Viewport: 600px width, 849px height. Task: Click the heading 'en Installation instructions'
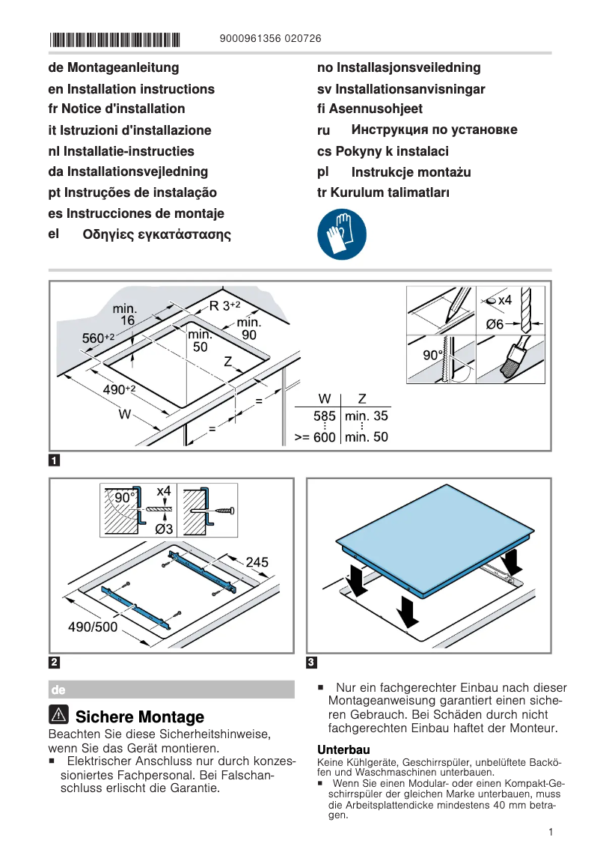click(131, 89)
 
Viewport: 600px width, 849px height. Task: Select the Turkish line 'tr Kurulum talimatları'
click(383, 192)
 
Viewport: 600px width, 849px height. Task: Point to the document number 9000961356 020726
click(272, 39)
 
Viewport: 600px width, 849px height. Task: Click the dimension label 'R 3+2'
click(224, 305)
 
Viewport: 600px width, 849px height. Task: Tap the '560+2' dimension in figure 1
click(97, 338)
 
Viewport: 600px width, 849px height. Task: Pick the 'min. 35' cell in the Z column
click(366, 417)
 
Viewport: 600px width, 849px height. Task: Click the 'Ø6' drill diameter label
click(495, 324)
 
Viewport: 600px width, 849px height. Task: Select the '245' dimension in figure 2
click(257, 562)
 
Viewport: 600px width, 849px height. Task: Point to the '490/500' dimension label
click(93, 627)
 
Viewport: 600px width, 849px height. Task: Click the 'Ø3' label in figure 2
click(165, 529)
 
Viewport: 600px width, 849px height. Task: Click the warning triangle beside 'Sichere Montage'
click(60, 716)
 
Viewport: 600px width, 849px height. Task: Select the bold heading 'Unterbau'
click(343, 749)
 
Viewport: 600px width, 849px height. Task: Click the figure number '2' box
click(55, 662)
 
